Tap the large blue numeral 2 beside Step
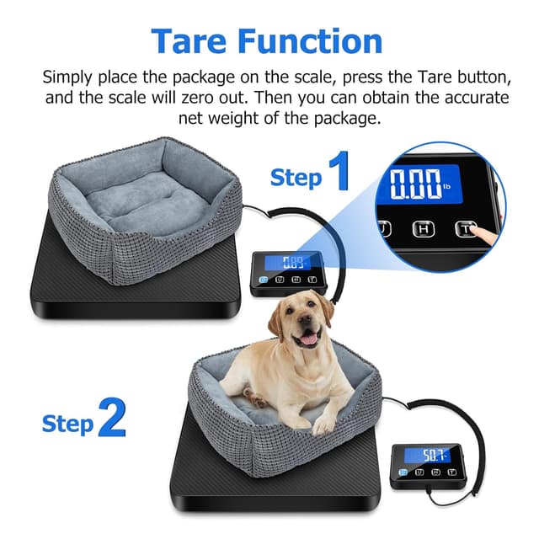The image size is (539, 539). point(111,418)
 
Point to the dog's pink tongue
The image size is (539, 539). point(308,338)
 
